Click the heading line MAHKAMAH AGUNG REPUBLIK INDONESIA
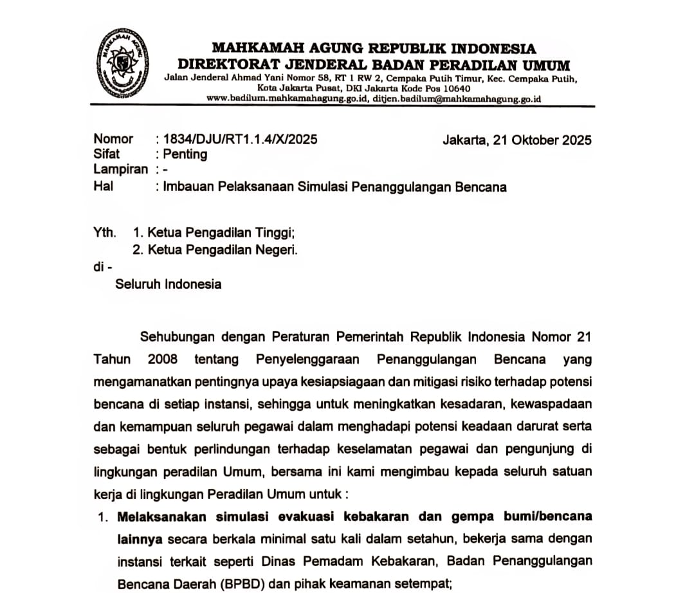[x=374, y=49]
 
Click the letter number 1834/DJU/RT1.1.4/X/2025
[x=240, y=139]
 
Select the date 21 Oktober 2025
[x=542, y=140]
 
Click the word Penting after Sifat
[x=185, y=154]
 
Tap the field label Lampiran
[x=120, y=170]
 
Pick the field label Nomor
[x=113, y=139]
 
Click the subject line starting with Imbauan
[x=334, y=187]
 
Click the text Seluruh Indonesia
[x=169, y=284]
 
